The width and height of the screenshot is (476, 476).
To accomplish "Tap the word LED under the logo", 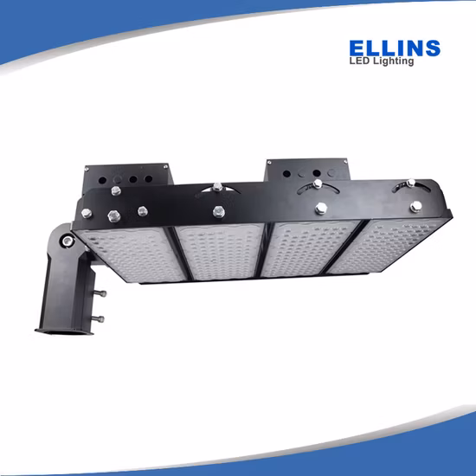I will (360, 61).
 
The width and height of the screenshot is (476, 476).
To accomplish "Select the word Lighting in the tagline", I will (395, 61).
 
